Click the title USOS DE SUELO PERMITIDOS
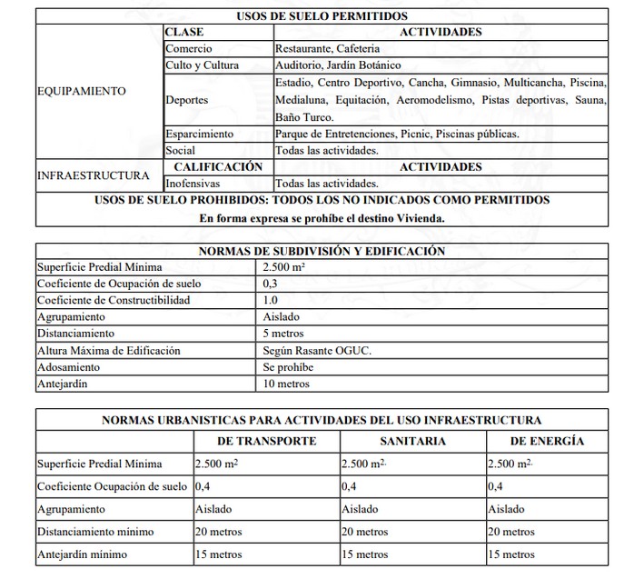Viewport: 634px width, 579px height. (x=322, y=15)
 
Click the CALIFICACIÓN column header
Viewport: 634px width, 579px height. (x=217, y=166)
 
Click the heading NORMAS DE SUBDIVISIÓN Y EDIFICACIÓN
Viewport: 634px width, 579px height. (x=322, y=250)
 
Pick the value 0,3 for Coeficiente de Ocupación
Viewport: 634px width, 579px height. (x=271, y=284)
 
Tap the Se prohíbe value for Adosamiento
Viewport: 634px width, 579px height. (x=288, y=366)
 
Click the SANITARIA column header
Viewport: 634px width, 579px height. (x=411, y=441)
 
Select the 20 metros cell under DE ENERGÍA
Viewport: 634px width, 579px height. (x=511, y=532)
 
